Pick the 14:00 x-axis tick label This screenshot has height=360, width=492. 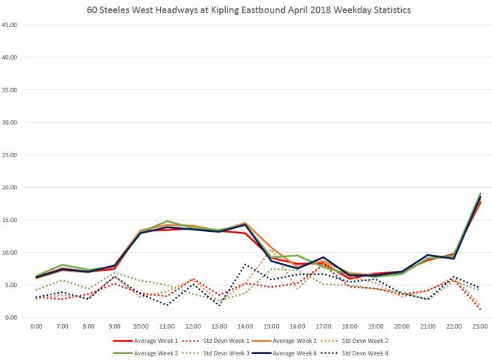tap(245, 326)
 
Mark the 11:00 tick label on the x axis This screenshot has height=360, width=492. tap(168, 326)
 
